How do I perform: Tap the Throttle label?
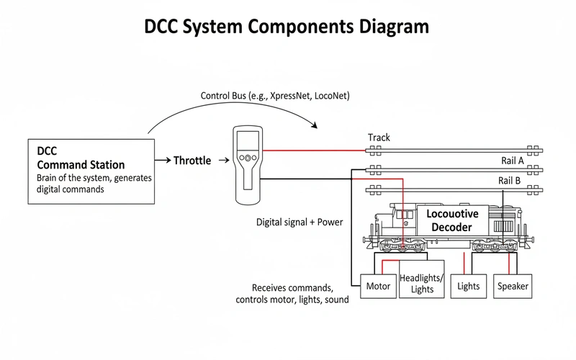point(192,161)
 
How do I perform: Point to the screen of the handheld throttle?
point(246,141)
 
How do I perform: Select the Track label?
point(379,138)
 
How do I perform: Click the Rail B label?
point(510,180)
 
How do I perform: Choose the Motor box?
point(378,286)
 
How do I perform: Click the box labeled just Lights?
point(468,286)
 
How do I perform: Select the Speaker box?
point(513,286)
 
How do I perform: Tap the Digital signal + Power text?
point(300,222)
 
